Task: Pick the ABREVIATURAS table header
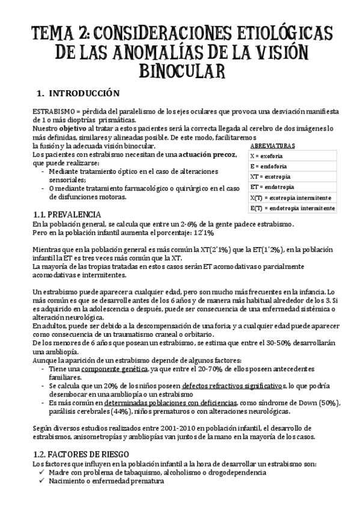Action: [272, 146]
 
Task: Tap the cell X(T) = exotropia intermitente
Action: [290, 197]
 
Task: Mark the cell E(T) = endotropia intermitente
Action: [292, 208]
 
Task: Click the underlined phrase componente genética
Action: [107, 369]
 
